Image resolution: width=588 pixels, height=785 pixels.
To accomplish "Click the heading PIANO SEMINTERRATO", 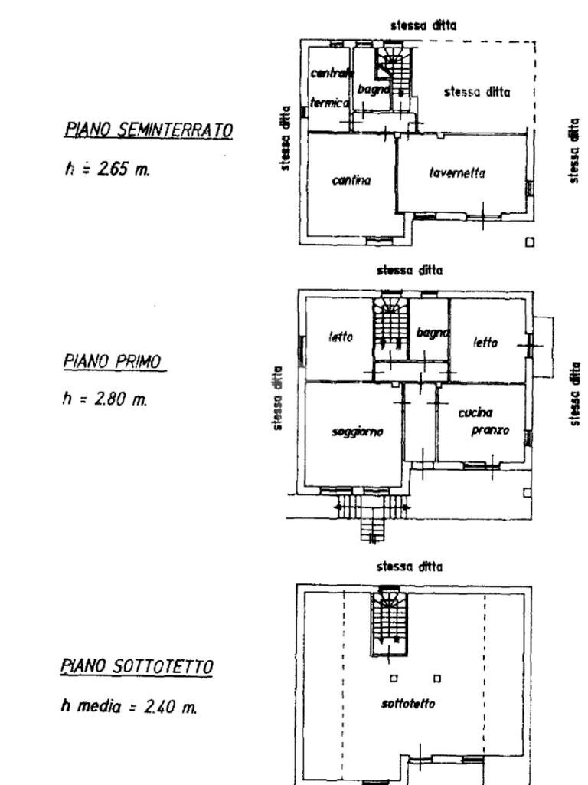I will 148,130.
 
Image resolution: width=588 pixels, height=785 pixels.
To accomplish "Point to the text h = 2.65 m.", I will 107,169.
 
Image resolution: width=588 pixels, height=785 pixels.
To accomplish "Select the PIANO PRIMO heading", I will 115,362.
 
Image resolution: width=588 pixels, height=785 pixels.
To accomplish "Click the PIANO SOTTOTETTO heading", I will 136,667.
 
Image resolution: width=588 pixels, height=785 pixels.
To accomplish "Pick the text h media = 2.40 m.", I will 129,707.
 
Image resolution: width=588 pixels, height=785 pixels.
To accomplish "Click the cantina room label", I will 351,181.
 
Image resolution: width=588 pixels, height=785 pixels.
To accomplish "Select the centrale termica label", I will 331,88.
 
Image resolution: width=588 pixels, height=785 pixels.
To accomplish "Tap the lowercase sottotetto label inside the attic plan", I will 408,704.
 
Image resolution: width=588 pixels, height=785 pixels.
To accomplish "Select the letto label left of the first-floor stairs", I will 341,337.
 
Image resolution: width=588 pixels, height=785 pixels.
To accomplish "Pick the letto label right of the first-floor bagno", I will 485,343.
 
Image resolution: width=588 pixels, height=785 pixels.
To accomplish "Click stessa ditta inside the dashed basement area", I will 476,92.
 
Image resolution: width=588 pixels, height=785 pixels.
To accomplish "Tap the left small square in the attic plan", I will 394,678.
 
